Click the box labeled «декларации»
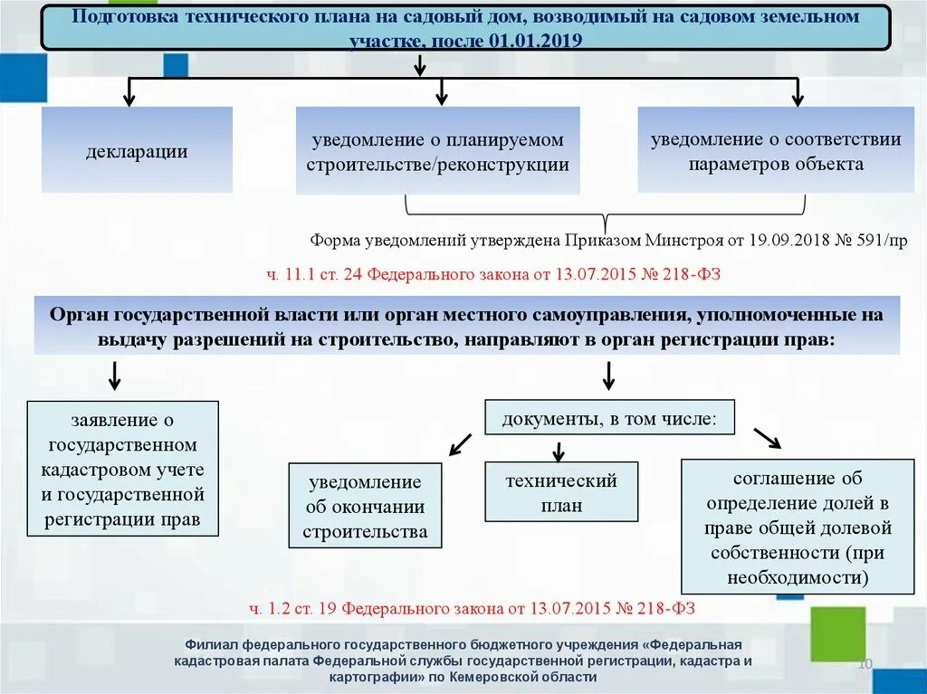[137, 150]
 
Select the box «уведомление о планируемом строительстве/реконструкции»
[437, 151]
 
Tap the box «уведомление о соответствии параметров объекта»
[776, 150]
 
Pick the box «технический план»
[561, 491]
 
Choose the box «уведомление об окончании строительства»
[365, 506]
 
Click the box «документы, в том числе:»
[609, 418]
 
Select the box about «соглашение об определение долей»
[798, 527]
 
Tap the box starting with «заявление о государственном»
[122, 469]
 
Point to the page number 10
[864, 665]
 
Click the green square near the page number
[837, 633]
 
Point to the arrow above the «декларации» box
[129, 92]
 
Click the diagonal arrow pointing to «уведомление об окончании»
[461, 443]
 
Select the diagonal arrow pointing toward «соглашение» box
[767, 438]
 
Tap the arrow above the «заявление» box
[115, 375]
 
